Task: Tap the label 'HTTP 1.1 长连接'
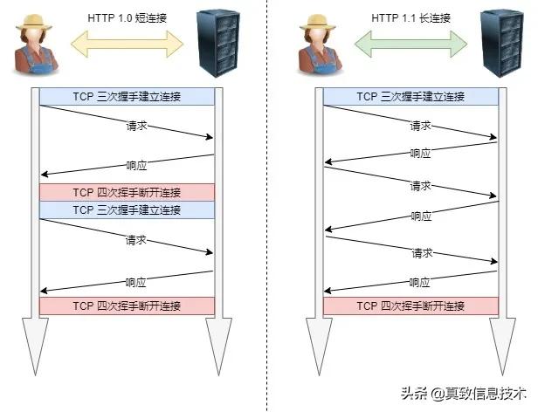coord(410,17)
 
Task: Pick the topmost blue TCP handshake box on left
coord(127,97)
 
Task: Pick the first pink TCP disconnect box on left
coord(127,192)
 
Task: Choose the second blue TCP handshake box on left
coord(127,210)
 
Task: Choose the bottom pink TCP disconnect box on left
coord(127,306)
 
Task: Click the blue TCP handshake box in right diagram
coord(410,97)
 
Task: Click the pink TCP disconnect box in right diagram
coord(410,306)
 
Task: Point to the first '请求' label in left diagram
coord(135,127)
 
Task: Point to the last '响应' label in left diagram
coord(135,282)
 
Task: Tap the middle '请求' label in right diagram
coord(421,187)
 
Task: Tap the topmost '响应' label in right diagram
coord(421,154)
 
